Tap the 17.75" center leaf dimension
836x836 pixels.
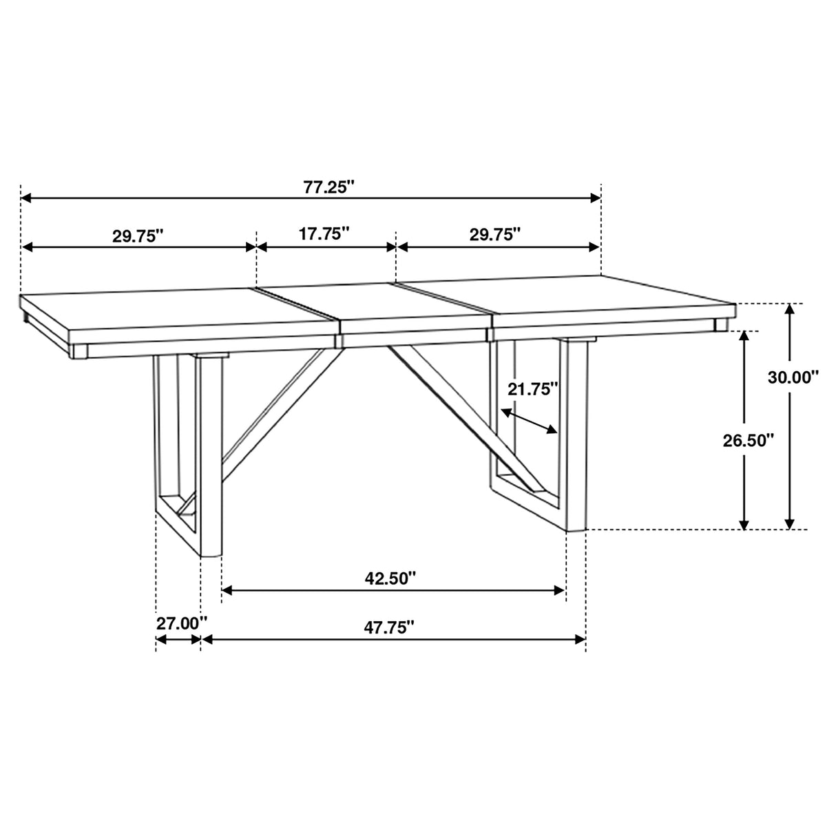point(324,233)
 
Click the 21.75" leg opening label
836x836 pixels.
point(532,389)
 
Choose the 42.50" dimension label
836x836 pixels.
point(391,577)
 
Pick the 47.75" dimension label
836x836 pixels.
point(389,627)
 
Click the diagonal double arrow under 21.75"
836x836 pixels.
point(529,421)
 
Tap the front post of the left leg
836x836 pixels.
point(211,454)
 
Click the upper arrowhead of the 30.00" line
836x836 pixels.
point(791,309)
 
